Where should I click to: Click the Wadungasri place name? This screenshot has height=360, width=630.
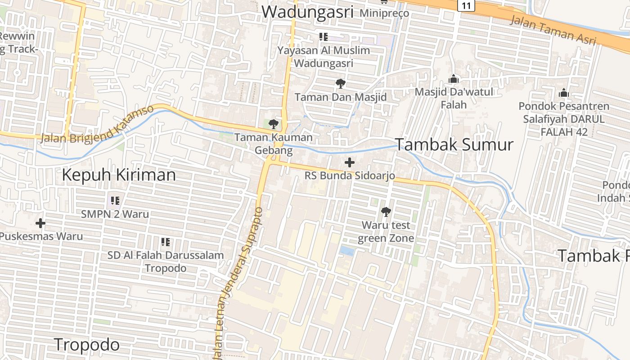click(x=307, y=12)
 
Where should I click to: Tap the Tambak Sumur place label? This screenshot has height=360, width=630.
click(x=454, y=145)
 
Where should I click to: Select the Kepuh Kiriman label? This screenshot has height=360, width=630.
click(x=119, y=175)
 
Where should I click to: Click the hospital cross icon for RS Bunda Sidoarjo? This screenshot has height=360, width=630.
click(x=350, y=162)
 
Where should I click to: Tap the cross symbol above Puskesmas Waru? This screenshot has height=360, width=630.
click(x=40, y=223)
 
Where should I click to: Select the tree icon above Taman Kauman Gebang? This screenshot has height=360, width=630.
click(x=273, y=124)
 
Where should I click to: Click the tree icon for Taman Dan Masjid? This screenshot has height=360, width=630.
click(x=341, y=84)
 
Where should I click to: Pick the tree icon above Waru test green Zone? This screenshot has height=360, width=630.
click(x=386, y=211)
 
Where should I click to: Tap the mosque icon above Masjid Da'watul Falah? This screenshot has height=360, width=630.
click(x=454, y=79)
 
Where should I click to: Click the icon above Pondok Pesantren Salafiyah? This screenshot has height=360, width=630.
click(x=563, y=93)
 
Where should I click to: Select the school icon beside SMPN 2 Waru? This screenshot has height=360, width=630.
click(x=115, y=201)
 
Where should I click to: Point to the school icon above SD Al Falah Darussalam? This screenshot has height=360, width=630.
click(x=166, y=242)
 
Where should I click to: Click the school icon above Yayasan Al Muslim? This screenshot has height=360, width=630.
click(x=323, y=37)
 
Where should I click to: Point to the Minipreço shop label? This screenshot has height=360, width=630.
click(x=384, y=13)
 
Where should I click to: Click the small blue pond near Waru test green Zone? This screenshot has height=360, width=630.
click(x=347, y=251)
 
